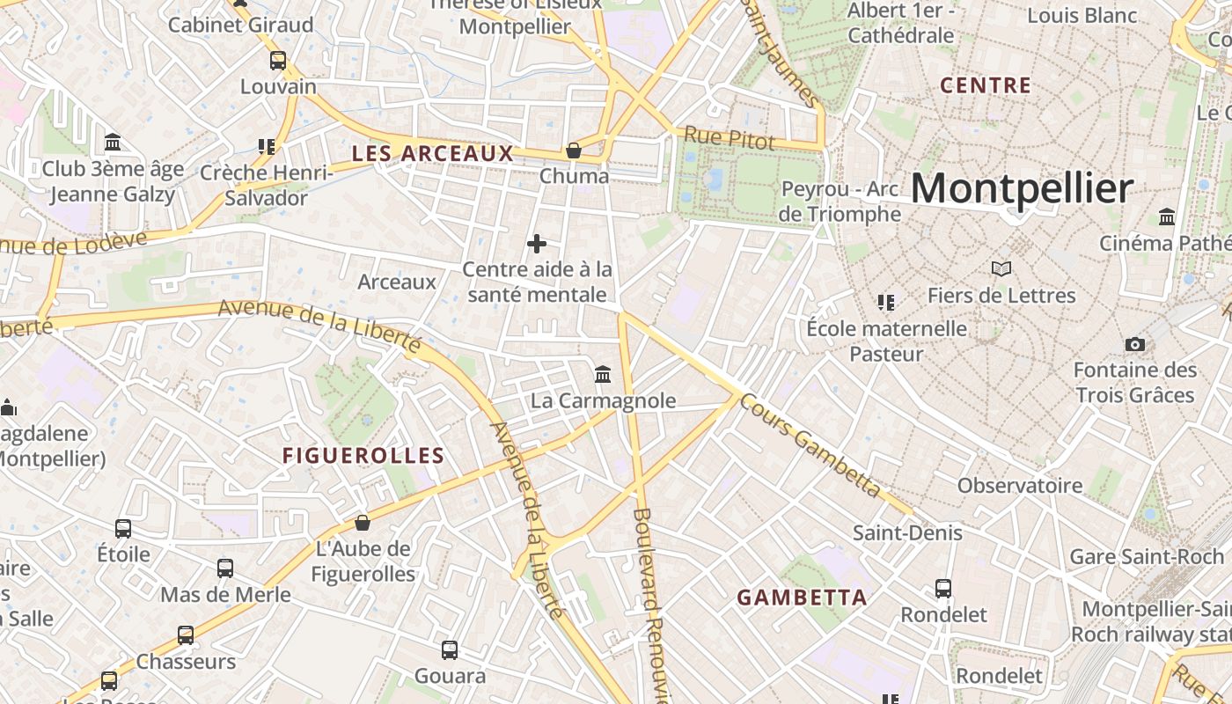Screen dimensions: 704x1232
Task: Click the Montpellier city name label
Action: (1022, 189)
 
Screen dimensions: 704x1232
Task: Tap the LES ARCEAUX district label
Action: (432, 154)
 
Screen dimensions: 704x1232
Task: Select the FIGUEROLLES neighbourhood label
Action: (363, 456)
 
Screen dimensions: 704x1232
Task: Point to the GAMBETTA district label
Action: (802, 598)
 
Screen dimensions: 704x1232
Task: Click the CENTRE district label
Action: (986, 86)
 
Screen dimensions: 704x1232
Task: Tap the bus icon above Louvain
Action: (278, 61)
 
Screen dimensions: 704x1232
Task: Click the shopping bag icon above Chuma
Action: (574, 150)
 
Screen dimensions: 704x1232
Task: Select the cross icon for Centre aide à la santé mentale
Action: (537, 244)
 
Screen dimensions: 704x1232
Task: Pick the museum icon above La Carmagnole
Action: (603, 375)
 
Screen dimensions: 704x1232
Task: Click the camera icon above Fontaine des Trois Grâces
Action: (1135, 344)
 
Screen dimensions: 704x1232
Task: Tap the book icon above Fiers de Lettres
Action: (1001, 268)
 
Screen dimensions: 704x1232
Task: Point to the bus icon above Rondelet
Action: (943, 588)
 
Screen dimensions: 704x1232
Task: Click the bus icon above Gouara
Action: (450, 650)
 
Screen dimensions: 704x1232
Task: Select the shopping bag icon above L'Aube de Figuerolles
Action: (363, 524)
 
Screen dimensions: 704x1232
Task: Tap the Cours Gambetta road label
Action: (810, 445)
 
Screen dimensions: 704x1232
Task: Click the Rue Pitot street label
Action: (730, 138)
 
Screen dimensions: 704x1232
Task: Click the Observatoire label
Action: (1020, 486)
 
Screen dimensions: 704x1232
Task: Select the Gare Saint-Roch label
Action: (1147, 556)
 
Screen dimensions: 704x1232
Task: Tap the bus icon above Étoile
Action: (123, 529)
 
